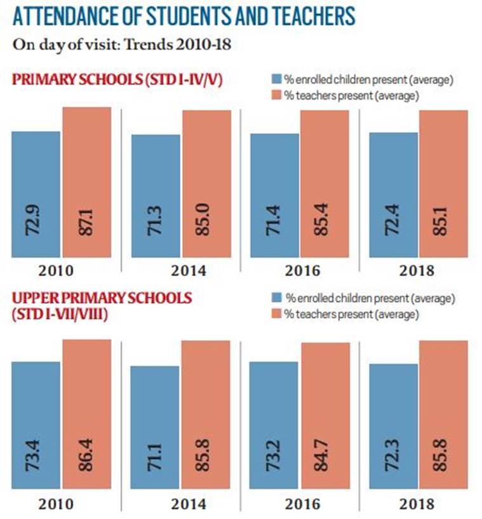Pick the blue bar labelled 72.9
click(36, 194)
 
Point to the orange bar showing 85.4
click(324, 184)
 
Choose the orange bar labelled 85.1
click(443, 184)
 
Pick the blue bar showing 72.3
click(393, 425)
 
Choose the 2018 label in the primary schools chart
click(418, 272)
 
